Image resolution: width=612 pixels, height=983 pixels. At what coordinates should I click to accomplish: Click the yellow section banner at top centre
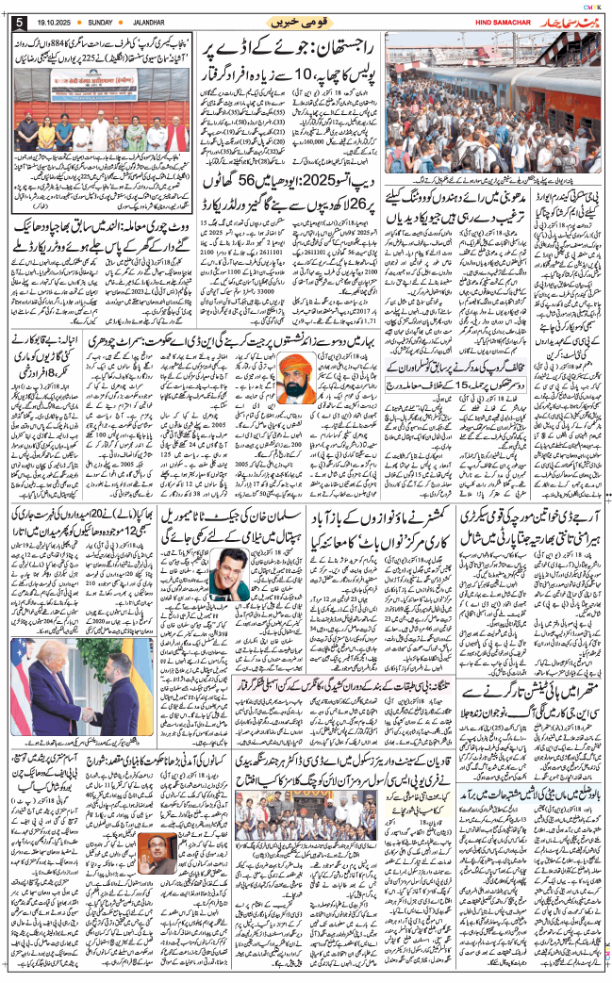294,20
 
